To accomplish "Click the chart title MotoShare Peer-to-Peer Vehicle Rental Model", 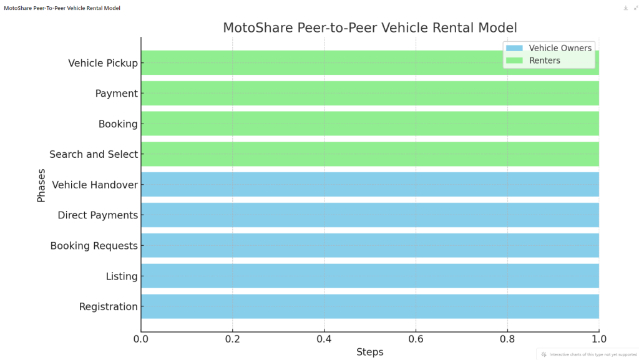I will tap(370, 28).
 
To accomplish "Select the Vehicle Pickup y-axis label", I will tap(102, 63).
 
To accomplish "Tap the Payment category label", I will tap(116, 94).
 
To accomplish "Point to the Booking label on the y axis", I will tap(118, 124).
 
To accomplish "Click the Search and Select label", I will tap(94, 154).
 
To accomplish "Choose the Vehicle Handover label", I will tap(95, 185).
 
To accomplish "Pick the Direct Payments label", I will tap(97, 215).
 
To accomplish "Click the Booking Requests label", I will tap(94, 246).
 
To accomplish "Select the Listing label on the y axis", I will tap(122, 276).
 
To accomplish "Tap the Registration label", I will tap(108, 307).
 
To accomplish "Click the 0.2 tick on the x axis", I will tap(233, 339).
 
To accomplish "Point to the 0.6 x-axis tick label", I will tap(416, 339).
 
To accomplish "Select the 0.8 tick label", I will tap(507, 339).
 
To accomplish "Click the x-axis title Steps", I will tap(370, 353).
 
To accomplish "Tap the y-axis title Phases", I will tap(42, 185).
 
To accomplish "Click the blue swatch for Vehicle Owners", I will tap(515, 49).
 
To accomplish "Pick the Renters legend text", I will tap(545, 61).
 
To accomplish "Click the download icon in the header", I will tap(625, 8).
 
